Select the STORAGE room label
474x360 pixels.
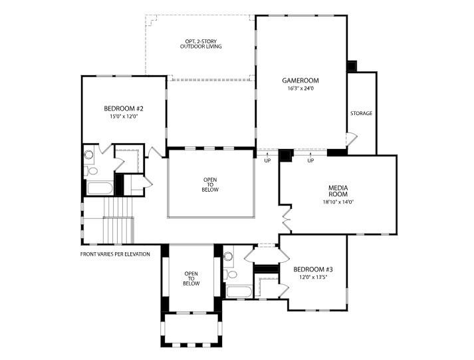[x=361, y=113]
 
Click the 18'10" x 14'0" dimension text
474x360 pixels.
[x=338, y=202]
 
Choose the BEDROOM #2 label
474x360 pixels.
[x=124, y=108]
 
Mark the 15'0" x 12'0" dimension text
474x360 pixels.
[x=124, y=116]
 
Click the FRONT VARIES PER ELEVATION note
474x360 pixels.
[x=115, y=254]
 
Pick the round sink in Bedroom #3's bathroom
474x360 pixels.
[x=228, y=256]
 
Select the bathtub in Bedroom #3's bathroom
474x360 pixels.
[x=239, y=291]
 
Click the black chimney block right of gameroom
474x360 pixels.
[x=352, y=66]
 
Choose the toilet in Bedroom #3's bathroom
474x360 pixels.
[x=231, y=273]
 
